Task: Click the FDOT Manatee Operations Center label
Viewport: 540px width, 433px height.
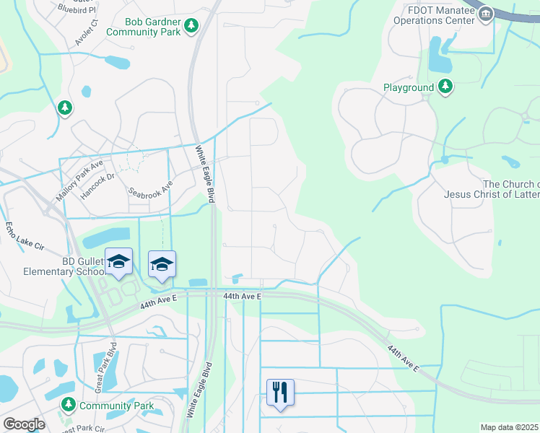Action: [x=435, y=15]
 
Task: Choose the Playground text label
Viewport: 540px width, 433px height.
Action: [x=409, y=87]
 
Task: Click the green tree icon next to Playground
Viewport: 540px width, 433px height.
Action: [x=445, y=87]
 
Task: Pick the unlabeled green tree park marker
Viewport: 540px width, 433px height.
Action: [x=66, y=108]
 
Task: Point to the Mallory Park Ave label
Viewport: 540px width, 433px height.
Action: [x=80, y=183]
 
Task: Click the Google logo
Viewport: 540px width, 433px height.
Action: [x=23, y=424]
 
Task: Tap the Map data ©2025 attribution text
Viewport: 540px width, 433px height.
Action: [x=509, y=427]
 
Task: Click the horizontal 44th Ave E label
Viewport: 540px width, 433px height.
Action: [x=241, y=296]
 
